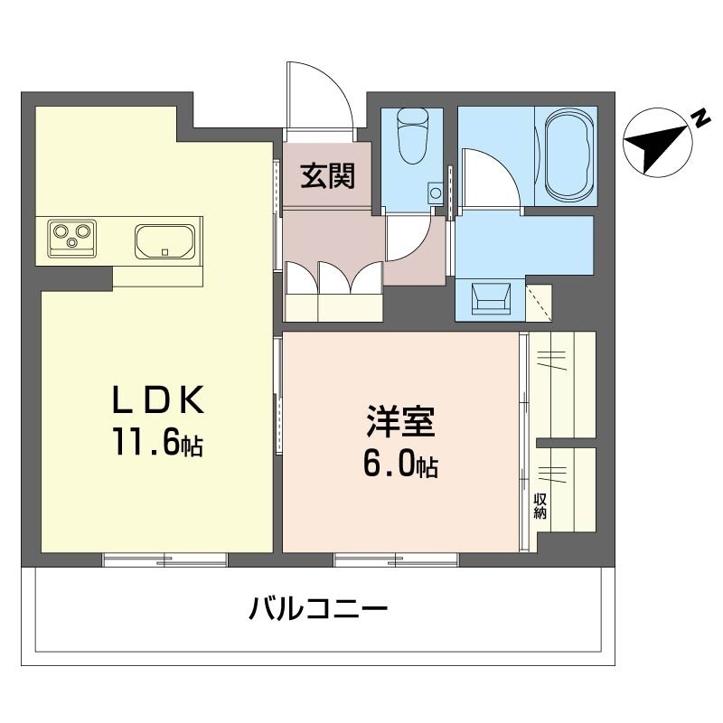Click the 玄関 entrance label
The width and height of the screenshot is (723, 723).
327,175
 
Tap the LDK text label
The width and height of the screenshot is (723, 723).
157,399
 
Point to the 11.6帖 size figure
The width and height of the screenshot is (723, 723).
157,444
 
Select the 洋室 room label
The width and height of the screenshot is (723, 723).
400,421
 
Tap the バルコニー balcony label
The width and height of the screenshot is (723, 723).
318,608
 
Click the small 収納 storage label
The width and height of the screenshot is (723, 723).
540,506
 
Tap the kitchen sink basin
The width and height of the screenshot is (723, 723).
164,242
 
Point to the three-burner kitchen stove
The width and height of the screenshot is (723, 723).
72,238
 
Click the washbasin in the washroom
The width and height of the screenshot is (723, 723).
491,299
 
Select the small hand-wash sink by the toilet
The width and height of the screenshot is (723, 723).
435,193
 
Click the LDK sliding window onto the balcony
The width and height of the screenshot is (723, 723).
164,559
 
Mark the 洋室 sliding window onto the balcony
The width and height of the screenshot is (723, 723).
396,559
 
